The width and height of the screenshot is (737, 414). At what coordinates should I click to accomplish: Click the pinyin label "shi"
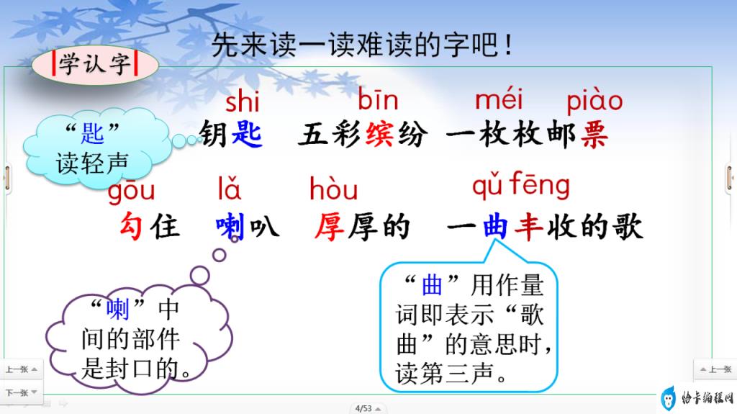(x=242, y=100)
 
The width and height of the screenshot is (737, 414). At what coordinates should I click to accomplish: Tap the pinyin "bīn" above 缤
(x=378, y=99)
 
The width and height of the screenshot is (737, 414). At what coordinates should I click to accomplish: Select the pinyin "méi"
(x=499, y=99)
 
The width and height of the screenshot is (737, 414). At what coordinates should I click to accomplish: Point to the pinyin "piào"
(x=594, y=100)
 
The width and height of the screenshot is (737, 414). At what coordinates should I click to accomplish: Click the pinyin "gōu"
(x=131, y=190)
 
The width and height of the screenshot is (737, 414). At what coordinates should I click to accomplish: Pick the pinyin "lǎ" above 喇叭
(x=229, y=188)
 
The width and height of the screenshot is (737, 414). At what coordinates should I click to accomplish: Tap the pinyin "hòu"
(x=334, y=188)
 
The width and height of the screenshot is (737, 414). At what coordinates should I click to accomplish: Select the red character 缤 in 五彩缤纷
(x=379, y=134)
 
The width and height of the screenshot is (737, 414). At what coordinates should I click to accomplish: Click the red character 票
(x=594, y=134)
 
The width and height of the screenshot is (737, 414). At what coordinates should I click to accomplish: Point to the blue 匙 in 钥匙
(x=247, y=134)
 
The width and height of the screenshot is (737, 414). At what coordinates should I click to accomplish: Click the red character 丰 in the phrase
(x=528, y=226)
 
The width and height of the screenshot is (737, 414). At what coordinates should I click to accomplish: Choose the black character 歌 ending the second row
(x=627, y=226)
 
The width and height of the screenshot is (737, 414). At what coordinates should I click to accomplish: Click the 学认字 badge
(x=95, y=65)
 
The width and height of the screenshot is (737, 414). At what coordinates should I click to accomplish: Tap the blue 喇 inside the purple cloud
(x=117, y=309)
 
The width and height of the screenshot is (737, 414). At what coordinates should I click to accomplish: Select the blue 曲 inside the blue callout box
(x=432, y=285)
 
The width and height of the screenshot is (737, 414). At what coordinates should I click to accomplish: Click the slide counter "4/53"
(x=363, y=408)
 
